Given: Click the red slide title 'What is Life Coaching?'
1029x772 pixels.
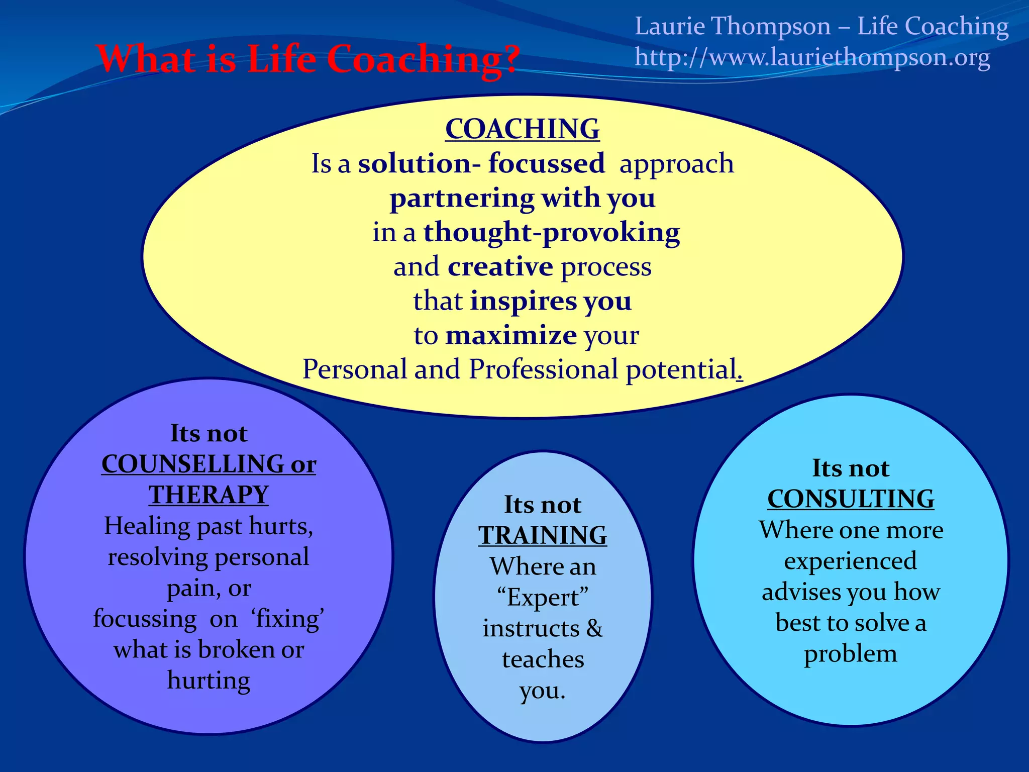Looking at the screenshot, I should tap(307, 59).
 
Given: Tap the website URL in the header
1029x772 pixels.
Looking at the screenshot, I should tap(812, 57).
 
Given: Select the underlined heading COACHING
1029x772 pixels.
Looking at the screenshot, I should tap(522, 129).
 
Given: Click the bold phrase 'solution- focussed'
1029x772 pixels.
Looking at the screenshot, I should tap(481, 164).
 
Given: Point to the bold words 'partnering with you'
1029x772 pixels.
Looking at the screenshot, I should tap(522, 198).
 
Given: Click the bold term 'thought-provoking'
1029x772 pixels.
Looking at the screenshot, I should tap(551, 233).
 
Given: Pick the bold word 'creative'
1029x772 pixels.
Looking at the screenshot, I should tap(500, 267).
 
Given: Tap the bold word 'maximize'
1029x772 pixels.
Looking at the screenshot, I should tap(510, 335).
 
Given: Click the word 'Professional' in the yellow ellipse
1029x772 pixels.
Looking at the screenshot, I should tap(543, 369).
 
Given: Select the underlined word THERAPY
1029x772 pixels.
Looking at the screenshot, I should tap(209, 495).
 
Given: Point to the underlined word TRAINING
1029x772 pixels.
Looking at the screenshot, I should tap(543, 536).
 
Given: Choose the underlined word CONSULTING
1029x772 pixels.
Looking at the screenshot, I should tap(851, 500).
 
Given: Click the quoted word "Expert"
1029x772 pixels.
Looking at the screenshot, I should tap(543, 598).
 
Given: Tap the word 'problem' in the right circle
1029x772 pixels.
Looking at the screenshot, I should tap(850, 654).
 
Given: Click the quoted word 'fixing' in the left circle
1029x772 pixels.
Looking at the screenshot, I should tap(288, 619).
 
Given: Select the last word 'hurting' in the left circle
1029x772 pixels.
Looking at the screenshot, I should tap(209, 681).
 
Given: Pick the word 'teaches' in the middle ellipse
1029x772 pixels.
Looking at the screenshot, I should tap(543, 659).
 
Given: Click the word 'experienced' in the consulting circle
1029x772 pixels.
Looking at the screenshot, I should tap(850, 561).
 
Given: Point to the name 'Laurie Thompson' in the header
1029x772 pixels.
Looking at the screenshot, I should tap(732, 26).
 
